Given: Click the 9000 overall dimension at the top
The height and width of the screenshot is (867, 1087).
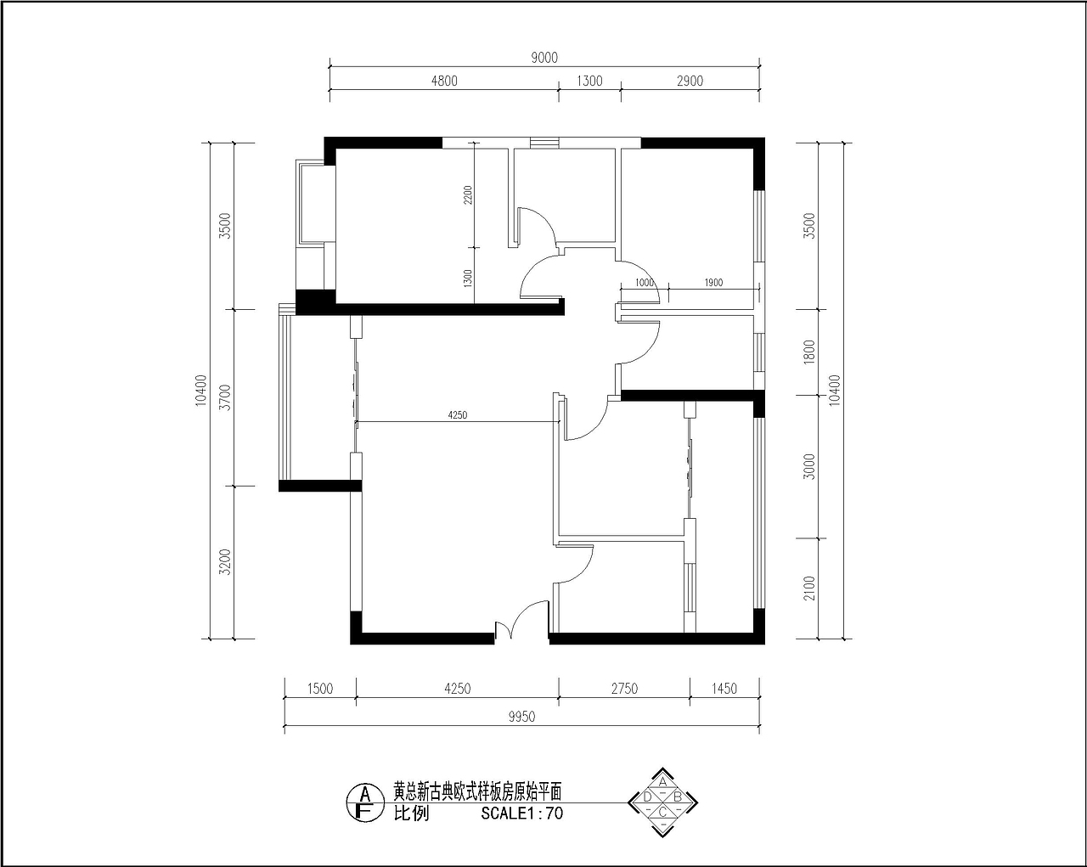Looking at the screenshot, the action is (x=544, y=58).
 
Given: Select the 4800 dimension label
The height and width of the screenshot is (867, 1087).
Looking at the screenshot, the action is (x=444, y=81).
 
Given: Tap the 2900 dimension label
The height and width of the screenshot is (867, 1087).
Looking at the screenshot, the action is (x=690, y=81).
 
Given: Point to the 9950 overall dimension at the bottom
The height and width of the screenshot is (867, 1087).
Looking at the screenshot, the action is (x=521, y=717).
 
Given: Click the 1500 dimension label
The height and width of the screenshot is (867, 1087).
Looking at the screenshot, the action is (x=320, y=689).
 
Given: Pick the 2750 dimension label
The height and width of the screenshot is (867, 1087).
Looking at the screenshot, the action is (x=624, y=689).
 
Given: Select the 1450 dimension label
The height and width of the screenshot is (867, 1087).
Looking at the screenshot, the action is (x=724, y=689).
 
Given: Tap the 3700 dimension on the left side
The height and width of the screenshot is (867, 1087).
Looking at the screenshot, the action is (x=225, y=397).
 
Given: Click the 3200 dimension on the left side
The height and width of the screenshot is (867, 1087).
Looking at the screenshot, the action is (x=225, y=562).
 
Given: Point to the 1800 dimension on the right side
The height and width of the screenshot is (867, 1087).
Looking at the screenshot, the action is (x=809, y=352).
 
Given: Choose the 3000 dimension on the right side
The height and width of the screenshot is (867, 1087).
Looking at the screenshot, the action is (x=809, y=467).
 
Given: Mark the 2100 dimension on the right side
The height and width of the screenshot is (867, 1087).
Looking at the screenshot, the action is (x=809, y=588).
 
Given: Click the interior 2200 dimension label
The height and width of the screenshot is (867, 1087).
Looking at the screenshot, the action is (x=468, y=195).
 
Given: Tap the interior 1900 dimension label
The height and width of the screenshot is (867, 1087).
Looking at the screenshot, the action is (x=713, y=283).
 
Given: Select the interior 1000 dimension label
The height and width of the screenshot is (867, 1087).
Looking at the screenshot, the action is (x=644, y=283).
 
